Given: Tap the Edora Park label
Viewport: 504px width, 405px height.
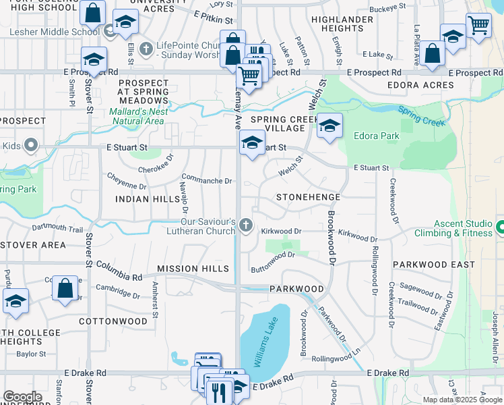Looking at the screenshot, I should tap(377, 136).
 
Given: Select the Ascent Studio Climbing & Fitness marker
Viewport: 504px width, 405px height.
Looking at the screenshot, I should tap(499, 228).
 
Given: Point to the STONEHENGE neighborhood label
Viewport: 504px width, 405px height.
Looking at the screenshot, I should tap(309, 196).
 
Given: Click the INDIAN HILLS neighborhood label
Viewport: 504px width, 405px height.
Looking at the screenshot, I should tap(147, 199).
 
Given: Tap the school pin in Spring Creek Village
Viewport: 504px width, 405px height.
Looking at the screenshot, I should tap(329, 126).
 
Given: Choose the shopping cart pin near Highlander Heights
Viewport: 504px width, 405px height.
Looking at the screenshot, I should tap(478, 26).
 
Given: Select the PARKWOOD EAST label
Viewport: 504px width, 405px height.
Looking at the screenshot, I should tap(434, 265).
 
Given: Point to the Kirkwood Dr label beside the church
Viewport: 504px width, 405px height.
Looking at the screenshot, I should tap(280, 231).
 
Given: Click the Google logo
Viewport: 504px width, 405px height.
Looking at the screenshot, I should tap(22, 397).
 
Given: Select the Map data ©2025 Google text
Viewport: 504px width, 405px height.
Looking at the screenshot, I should tap(462, 399).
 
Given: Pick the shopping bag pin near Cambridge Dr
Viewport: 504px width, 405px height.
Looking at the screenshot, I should tap(65, 288).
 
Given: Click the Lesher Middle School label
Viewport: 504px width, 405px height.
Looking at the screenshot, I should tap(55, 31).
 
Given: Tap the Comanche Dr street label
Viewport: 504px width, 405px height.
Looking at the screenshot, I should tap(207, 181).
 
